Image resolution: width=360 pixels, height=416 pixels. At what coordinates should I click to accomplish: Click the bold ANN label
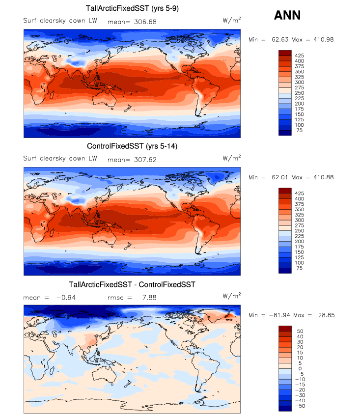287,16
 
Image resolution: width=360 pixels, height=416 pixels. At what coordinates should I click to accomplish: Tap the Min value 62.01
278,177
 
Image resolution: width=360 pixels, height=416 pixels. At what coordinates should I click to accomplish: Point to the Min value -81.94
277,315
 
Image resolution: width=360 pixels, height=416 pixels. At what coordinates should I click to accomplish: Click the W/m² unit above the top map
232,20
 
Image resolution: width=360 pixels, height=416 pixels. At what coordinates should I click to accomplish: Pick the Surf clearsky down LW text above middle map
60,159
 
